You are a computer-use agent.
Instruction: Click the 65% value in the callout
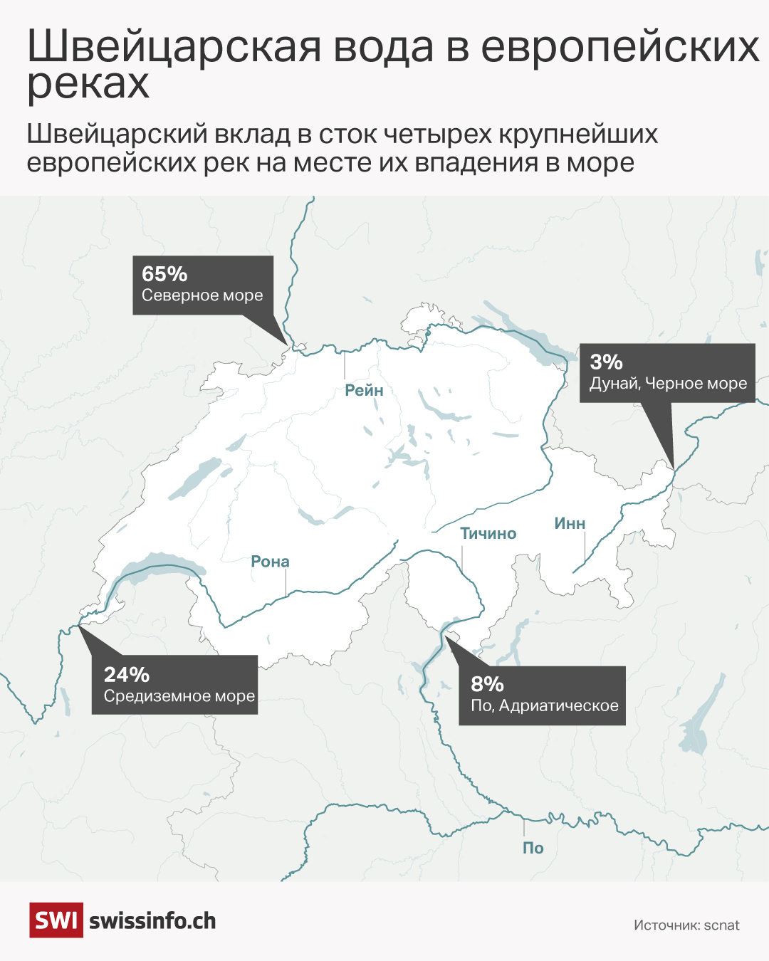(164, 274)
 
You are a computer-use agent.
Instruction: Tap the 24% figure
(127, 675)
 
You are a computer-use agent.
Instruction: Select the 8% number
(487, 684)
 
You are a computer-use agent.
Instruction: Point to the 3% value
(606, 362)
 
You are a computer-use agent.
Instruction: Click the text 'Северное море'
(202, 295)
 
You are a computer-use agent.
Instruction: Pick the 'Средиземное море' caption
(179, 696)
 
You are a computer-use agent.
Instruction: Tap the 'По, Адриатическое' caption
(545, 706)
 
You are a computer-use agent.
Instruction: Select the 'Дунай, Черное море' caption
(668, 384)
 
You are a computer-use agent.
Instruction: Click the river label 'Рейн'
(364, 390)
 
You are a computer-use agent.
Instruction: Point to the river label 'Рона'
(270, 562)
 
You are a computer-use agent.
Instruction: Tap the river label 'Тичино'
(488, 533)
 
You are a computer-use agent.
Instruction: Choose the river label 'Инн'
(570, 524)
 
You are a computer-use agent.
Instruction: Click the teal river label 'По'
(533, 848)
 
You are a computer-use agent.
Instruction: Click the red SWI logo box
(56, 920)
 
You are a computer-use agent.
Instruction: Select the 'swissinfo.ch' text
(152, 921)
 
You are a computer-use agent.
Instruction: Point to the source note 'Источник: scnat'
(686, 925)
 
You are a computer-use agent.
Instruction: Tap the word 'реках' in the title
(88, 84)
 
